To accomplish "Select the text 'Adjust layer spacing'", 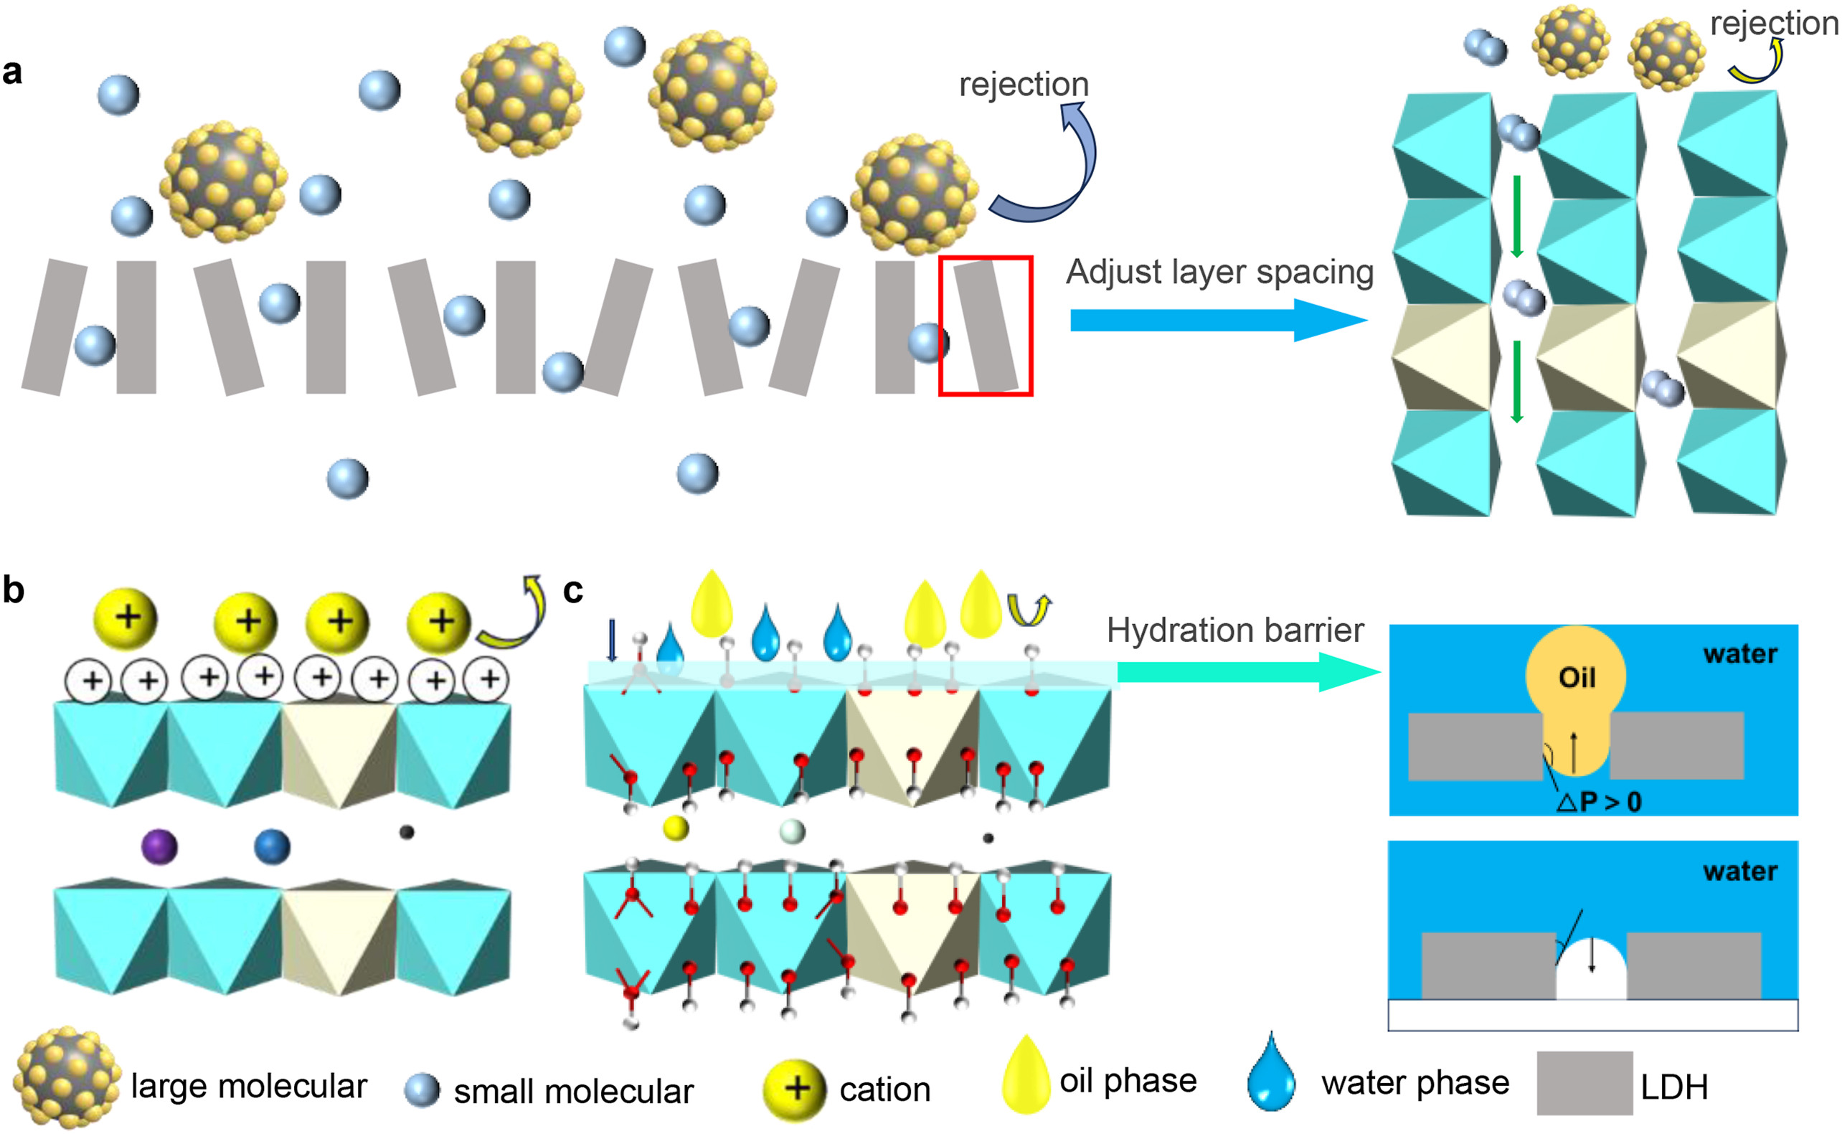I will (1219, 272).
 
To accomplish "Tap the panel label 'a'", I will (12, 72).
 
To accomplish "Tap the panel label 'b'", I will (13, 590).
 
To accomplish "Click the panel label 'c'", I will (573, 591).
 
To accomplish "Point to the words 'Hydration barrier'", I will (1234, 630).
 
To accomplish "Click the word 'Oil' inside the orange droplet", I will (1576, 678).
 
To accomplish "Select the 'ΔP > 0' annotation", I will (1599, 803).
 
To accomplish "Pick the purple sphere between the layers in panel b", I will (159, 847).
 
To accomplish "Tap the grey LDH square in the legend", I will (1584, 1082).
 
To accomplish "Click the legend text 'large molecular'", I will (248, 1086).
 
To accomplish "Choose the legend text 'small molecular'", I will (573, 1091).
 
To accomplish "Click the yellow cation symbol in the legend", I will (794, 1088).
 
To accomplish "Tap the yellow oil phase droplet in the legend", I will (1025, 1074).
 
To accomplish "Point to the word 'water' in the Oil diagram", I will (1739, 654).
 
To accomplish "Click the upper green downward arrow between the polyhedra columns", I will (1516, 216).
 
